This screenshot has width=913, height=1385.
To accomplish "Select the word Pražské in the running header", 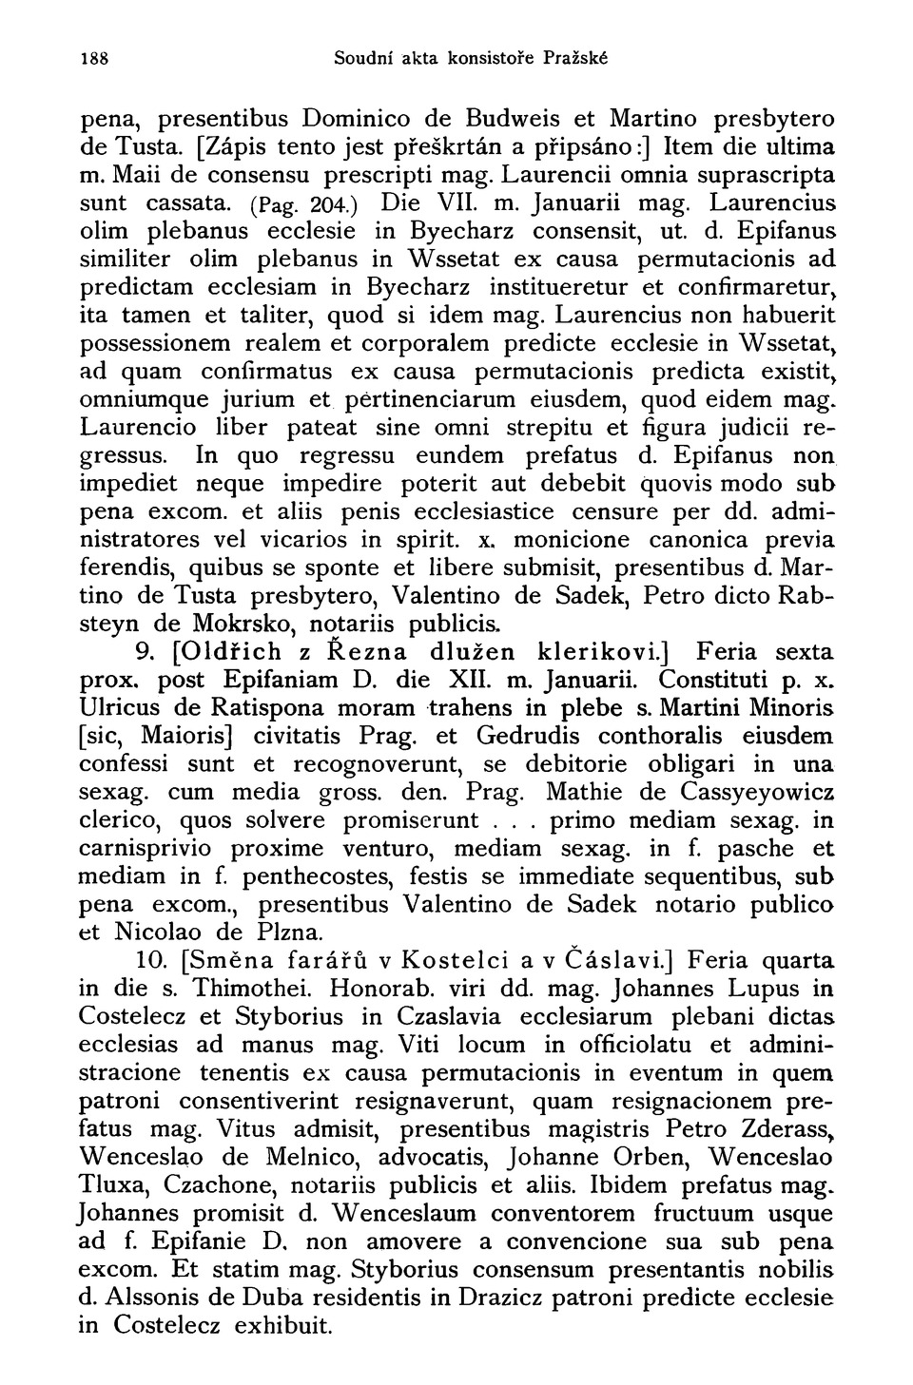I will tap(576, 58).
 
